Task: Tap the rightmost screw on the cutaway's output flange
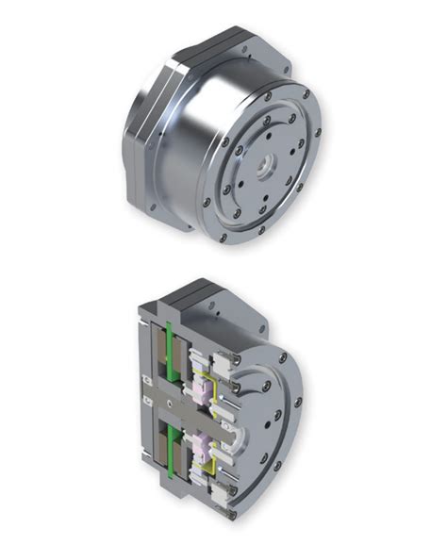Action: tap(298, 403)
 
